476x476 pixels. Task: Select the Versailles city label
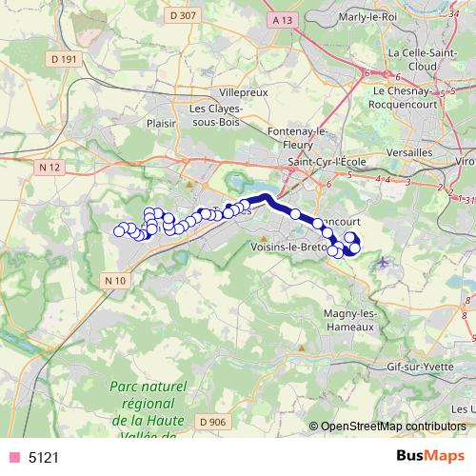coord(411,152)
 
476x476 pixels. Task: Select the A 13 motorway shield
coord(280,19)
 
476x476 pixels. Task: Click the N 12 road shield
coord(50,168)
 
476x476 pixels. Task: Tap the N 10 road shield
coord(115,279)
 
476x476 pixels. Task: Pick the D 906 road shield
coord(213,422)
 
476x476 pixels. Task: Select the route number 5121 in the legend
coord(44,457)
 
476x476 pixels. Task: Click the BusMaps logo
coord(430,456)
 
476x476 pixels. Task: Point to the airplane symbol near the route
coord(383,261)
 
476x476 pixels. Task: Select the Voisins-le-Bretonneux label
coord(287,246)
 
